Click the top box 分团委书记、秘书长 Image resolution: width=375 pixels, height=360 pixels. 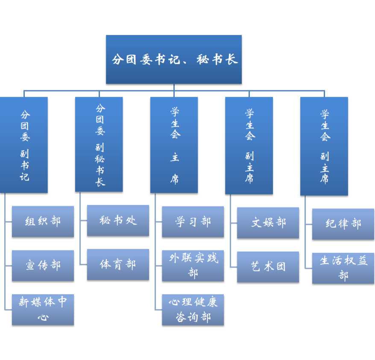(173, 59)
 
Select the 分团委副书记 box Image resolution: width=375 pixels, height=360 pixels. (24, 145)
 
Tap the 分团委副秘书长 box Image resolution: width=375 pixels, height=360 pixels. (99, 144)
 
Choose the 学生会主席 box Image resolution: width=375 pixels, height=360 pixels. (174, 145)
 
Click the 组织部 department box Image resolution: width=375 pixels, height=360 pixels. (43, 221)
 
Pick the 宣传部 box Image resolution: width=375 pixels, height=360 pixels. (43, 265)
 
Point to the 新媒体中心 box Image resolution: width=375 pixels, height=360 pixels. (43, 309)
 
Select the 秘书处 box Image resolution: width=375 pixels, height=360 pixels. (118, 220)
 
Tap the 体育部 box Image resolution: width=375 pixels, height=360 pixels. (118, 264)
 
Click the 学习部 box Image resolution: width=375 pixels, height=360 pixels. (193, 222)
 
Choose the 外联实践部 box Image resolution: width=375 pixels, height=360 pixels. (193, 265)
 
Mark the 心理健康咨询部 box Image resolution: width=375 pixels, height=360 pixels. (193, 309)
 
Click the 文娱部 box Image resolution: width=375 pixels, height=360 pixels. (268, 223)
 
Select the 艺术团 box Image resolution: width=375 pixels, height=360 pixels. (268, 267)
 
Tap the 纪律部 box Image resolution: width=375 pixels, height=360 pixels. (343, 224)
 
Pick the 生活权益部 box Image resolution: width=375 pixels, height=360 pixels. (343, 268)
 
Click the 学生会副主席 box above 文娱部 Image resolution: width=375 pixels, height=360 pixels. (249, 145)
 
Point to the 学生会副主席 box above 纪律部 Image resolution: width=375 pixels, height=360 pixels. (324, 146)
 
